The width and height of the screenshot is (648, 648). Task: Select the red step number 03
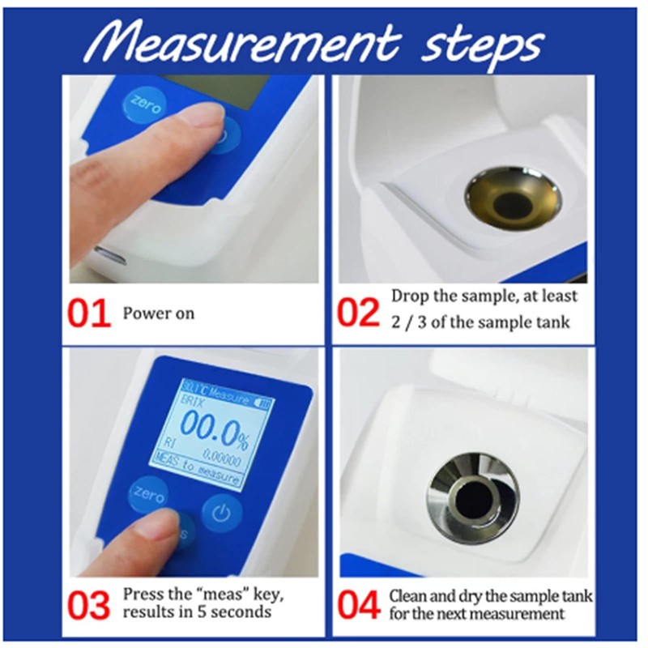(x=88, y=604)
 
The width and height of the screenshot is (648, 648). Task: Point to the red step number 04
(x=357, y=604)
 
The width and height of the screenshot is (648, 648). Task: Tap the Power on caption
(x=159, y=313)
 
